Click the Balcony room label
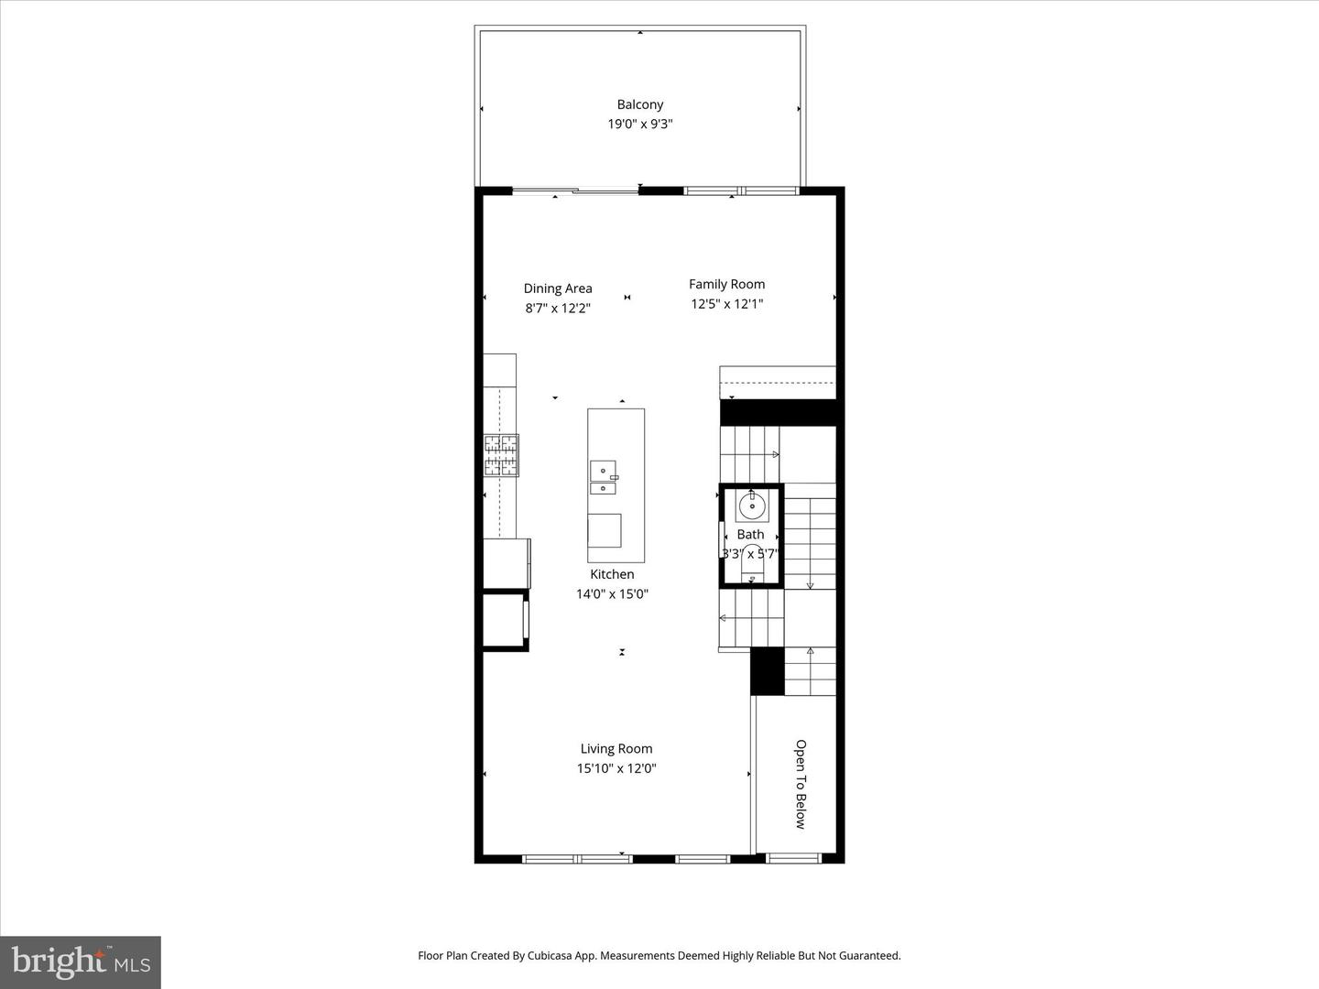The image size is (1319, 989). click(x=640, y=104)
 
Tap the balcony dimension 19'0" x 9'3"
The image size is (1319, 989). click(x=640, y=125)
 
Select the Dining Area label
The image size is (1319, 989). click(x=558, y=288)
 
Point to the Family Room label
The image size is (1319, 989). click(x=726, y=285)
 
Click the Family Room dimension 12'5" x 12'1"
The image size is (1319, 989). click(x=726, y=304)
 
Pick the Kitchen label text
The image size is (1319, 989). click(x=612, y=574)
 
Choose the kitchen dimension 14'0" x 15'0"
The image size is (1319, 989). click(x=612, y=594)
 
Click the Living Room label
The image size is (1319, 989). click(x=616, y=749)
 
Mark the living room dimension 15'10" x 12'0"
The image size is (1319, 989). click(x=616, y=768)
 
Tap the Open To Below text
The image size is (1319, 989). click(x=801, y=784)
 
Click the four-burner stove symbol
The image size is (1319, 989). click(x=501, y=455)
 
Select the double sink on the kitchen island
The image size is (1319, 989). click(x=604, y=477)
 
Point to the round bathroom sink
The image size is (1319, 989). click(x=751, y=505)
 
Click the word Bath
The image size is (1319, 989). click(x=750, y=535)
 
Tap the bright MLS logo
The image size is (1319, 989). click(x=81, y=962)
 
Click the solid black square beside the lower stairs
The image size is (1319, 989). click(x=768, y=671)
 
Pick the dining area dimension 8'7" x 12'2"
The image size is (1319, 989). click(x=558, y=308)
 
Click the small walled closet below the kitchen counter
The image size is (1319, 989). click(x=506, y=620)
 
